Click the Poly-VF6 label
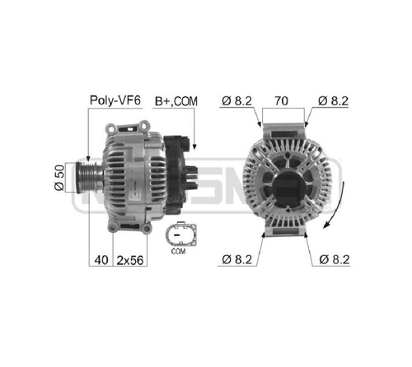[115, 100]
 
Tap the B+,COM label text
[176, 101]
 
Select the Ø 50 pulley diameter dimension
[59, 178]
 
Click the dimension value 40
[101, 260]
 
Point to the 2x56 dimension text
[130, 260]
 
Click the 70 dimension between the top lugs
[282, 100]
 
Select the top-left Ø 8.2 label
[236, 100]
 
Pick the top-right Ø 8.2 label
[333, 100]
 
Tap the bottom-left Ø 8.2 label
[236, 259]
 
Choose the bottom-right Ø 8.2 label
[335, 259]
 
